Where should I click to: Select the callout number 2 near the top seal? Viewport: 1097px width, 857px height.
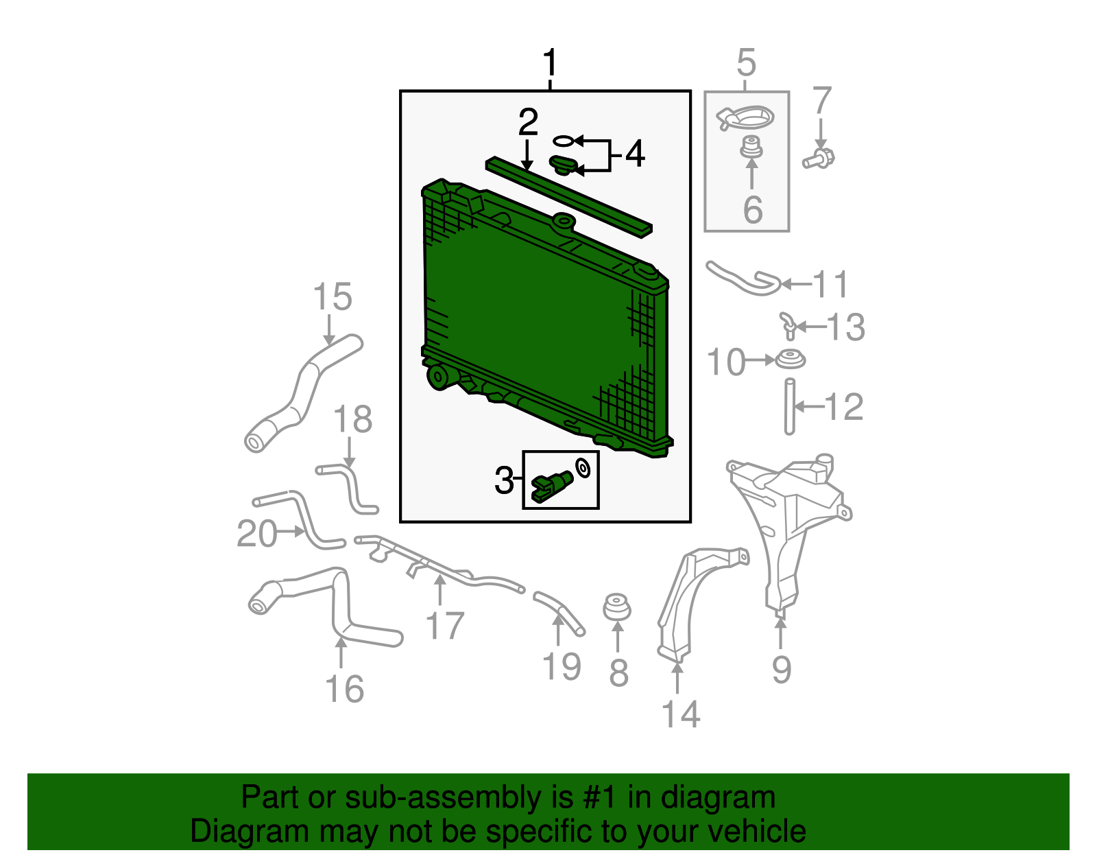click(527, 123)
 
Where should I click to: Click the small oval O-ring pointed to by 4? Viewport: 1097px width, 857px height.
click(562, 141)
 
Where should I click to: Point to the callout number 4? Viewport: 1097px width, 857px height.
click(635, 154)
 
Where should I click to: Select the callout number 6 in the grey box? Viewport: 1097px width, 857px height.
click(753, 209)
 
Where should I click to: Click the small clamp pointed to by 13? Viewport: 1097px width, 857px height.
click(788, 325)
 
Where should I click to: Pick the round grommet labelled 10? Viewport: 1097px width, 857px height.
click(790, 359)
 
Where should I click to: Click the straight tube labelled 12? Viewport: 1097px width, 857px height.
click(790, 406)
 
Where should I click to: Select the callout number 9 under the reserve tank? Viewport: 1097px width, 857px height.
click(781, 669)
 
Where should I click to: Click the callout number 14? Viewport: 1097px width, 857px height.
click(680, 714)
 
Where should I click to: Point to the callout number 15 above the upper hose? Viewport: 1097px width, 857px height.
click(332, 297)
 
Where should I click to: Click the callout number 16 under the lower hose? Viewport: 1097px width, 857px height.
click(344, 689)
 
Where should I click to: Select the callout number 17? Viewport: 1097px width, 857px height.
click(445, 626)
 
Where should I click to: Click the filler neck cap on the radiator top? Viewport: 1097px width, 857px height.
click(563, 220)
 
